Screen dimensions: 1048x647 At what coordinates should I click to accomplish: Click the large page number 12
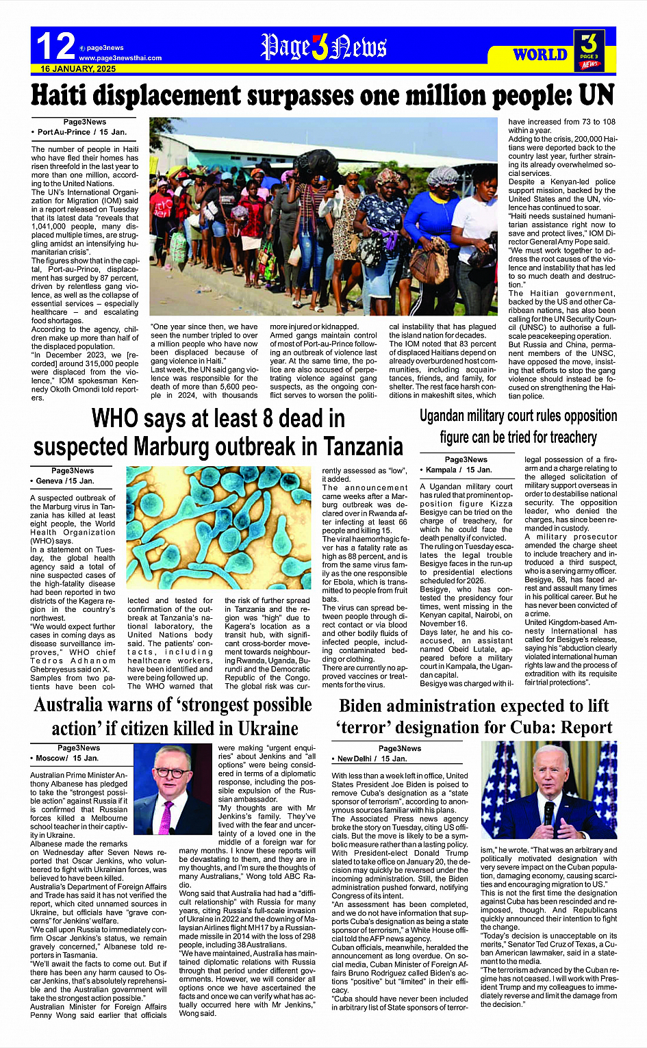pos(55,47)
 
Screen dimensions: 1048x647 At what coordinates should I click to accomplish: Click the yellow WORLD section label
pos(540,55)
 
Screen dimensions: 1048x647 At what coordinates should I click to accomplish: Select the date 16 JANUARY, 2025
pos(78,69)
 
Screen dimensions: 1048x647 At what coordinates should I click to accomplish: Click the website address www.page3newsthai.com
pos(120,58)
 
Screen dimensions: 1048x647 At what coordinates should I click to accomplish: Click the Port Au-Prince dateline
pos(81,131)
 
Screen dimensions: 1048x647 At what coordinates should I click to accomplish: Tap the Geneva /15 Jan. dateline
pos(65,481)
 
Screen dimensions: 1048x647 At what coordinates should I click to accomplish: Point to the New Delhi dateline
pos(372,758)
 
